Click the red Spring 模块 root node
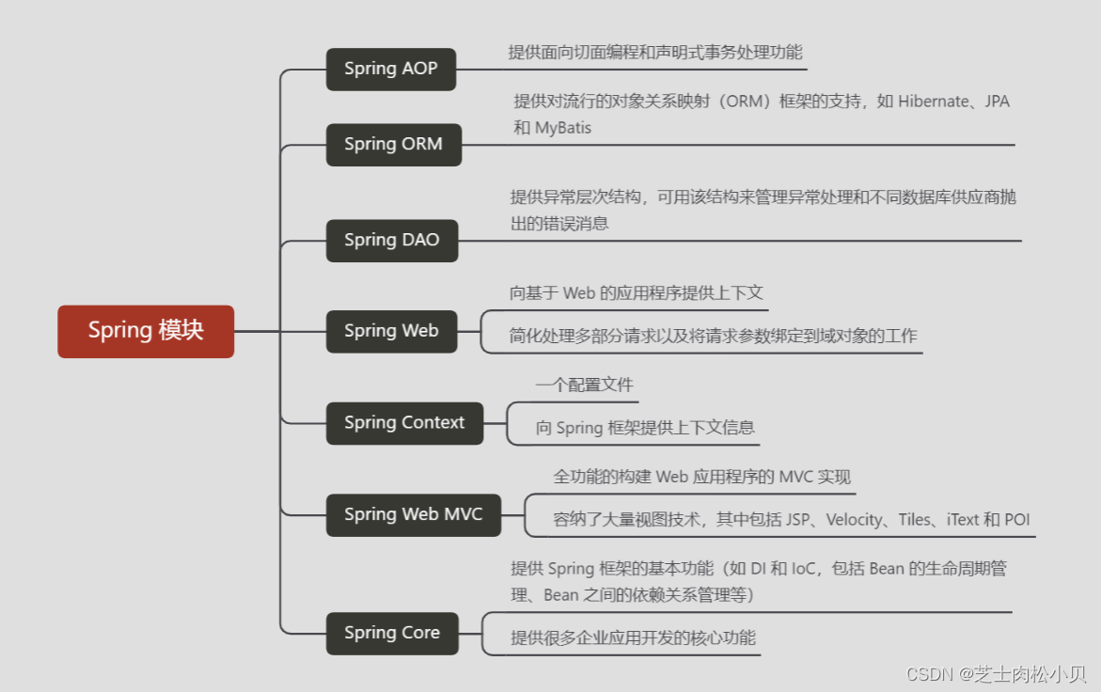coord(146,331)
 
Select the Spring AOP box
coord(391,69)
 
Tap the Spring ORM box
coord(394,144)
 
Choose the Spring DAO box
coord(392,240)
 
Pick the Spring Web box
coord(391,331)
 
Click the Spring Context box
coord(404,423)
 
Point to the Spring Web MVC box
coord(414,514)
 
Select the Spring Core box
coord(392,633)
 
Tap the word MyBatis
coord(563,128)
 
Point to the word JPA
coord(997,102)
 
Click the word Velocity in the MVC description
coord(855,520)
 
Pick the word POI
coord(1016,520)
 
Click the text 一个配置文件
coord(584,385)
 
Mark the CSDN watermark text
coord(996,674)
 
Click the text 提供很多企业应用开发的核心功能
coord(633,637)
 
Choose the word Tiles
coord(914,520)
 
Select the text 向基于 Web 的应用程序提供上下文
coord(637,293)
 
